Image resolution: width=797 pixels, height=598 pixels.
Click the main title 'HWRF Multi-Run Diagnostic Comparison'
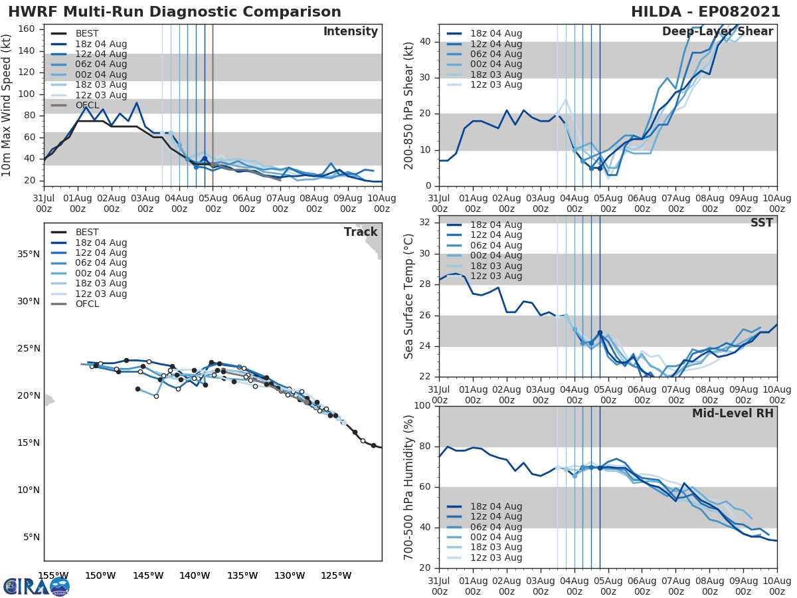174,12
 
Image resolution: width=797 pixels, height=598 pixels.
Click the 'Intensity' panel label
350,32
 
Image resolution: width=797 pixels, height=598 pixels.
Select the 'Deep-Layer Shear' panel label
717,32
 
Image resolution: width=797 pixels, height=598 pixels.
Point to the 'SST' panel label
761,223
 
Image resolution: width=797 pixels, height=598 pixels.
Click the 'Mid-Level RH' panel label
733,414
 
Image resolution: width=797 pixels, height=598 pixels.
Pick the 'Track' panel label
361,232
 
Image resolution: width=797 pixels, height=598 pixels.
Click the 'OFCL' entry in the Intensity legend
87,106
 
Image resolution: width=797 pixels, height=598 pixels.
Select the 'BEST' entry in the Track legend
87,233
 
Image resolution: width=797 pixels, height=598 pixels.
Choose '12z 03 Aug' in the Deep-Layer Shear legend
496,85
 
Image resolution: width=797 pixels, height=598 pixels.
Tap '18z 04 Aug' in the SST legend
496,225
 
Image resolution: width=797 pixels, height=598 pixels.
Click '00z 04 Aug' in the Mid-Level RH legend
496,538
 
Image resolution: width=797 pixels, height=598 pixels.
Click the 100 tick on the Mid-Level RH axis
423,406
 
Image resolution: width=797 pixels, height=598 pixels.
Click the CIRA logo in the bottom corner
37,586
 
